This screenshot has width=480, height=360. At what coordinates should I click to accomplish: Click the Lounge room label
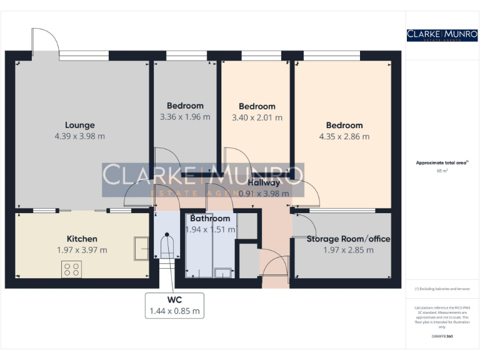(x=80, y=124)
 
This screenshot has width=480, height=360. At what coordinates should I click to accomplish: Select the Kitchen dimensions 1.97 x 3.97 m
(x=82, y=250)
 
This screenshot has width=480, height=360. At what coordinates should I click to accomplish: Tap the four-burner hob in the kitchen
(x=72, y=269)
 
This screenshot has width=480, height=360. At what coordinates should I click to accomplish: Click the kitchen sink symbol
(x=141, y=249)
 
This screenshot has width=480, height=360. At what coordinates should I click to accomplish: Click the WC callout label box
(x=174, y=305)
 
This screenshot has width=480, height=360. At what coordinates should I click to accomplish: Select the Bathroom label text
(x=210, y=219)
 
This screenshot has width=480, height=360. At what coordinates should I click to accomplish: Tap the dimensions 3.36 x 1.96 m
(x=185, y=117)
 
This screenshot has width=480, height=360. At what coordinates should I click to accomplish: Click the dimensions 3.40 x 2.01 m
(x=257, y=117)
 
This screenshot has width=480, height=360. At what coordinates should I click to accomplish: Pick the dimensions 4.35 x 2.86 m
(x=344, y=136)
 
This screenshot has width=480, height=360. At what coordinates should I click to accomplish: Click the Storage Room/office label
(x=348, y=239)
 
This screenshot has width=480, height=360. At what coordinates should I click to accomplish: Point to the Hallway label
(x=264, y=183)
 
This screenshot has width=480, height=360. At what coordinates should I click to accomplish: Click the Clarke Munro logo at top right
(x=442, y=35)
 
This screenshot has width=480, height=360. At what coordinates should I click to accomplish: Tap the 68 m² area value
(x=441, y=170)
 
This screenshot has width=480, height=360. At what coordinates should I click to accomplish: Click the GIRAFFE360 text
(x=442, y=337)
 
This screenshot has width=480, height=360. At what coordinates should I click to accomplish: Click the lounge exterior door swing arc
(x=46, y=39)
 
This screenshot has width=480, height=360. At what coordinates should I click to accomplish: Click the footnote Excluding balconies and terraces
(x=442, y=289)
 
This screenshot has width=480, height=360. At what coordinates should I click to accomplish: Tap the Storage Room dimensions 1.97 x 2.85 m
(x=348, y=250)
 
